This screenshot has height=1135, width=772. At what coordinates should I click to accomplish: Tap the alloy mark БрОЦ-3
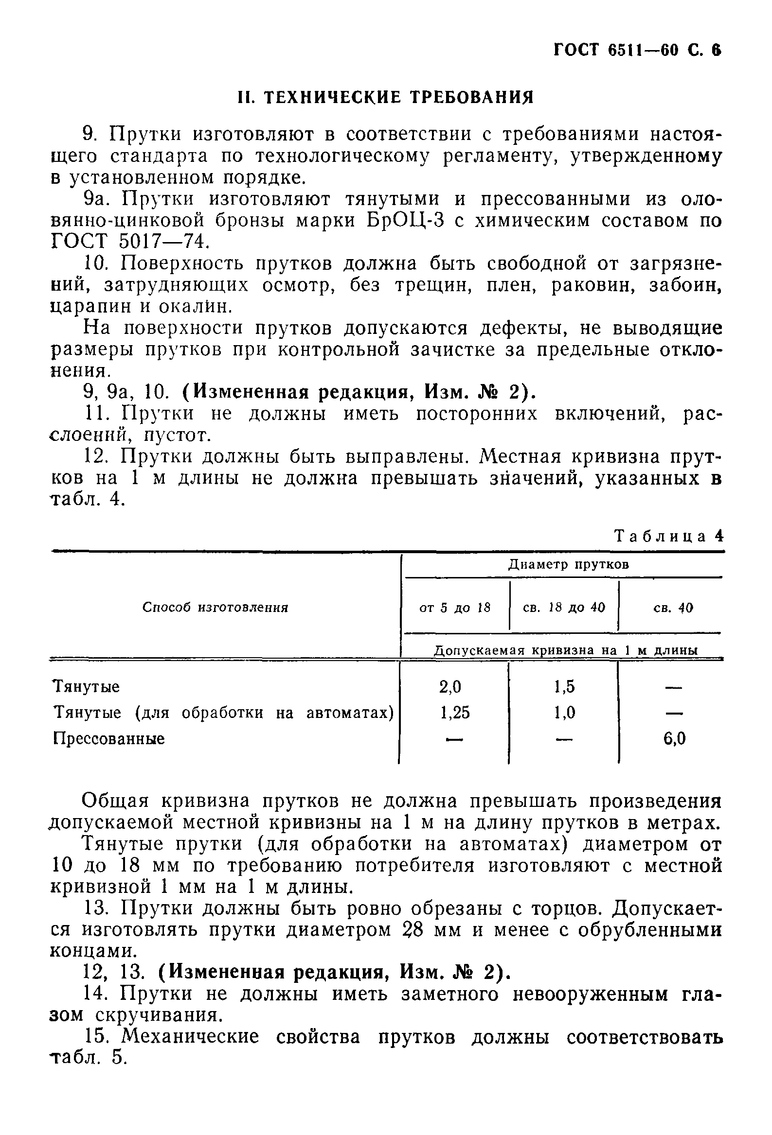pos(405,221)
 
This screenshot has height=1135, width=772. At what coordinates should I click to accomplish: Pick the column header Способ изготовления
pos(215,607)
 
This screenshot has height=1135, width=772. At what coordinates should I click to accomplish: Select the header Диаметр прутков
pos(568,564)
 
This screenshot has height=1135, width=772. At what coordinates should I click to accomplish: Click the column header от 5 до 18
pos(454,608)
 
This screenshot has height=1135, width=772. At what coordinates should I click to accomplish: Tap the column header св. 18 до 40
pos(564,608)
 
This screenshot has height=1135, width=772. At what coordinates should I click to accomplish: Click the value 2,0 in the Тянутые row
pos(450,687)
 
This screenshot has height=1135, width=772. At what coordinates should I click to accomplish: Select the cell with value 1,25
pos(455,713)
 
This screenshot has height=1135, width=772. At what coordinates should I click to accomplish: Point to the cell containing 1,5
pos(564,687)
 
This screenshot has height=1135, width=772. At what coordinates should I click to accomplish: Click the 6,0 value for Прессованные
pos(674,738)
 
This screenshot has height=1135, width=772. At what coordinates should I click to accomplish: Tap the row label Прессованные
pos(108,738)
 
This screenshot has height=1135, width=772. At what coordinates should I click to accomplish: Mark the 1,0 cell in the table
pos(564,713)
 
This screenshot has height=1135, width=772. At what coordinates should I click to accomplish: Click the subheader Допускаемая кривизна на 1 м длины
pos(566,650)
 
